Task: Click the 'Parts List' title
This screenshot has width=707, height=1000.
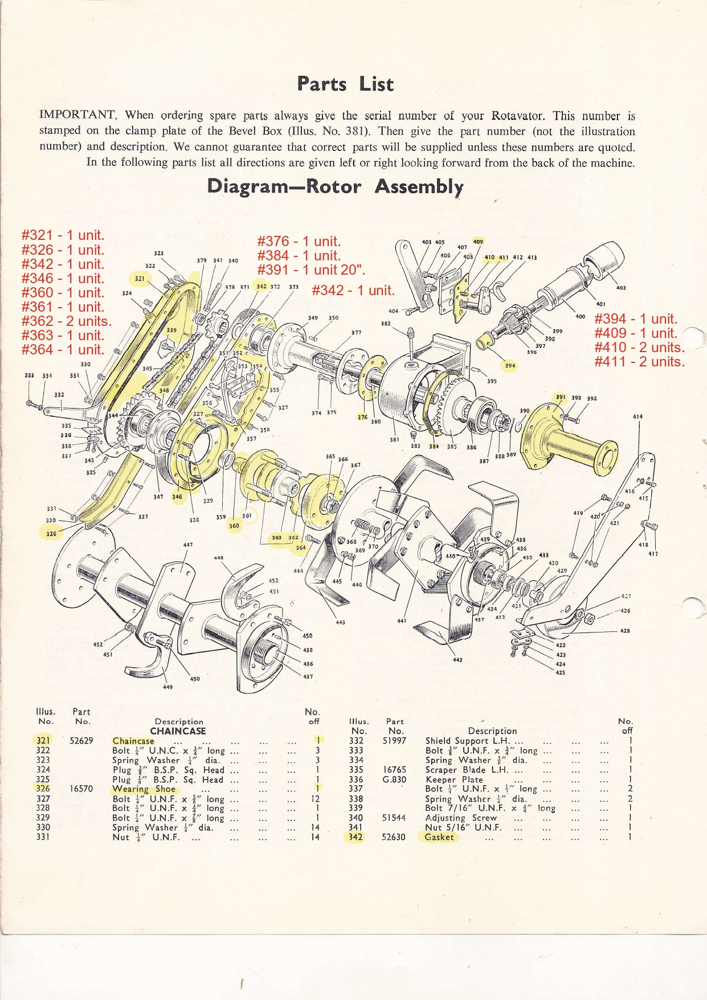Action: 345,84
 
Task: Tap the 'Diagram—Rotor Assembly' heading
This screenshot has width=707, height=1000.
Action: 335,186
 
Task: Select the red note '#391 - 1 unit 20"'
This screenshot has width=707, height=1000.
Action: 311,270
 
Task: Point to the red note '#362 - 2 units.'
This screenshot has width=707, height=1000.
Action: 66,321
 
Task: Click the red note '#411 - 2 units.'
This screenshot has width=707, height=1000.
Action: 639,361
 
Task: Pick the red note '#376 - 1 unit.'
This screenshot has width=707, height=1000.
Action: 299,241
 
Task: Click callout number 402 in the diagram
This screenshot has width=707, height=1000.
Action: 621,288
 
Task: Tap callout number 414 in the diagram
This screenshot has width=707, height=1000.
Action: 637,417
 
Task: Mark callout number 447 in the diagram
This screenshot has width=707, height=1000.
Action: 187,545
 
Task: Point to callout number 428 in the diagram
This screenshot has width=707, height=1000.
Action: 625,631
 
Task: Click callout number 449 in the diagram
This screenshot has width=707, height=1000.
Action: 167,687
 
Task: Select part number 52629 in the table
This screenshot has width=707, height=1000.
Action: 81,741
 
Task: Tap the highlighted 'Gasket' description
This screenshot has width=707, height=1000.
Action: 439,837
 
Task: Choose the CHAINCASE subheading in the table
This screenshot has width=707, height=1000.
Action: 178,731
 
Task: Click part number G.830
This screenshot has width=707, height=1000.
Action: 394,779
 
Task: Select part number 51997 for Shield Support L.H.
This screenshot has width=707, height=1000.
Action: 394,741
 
